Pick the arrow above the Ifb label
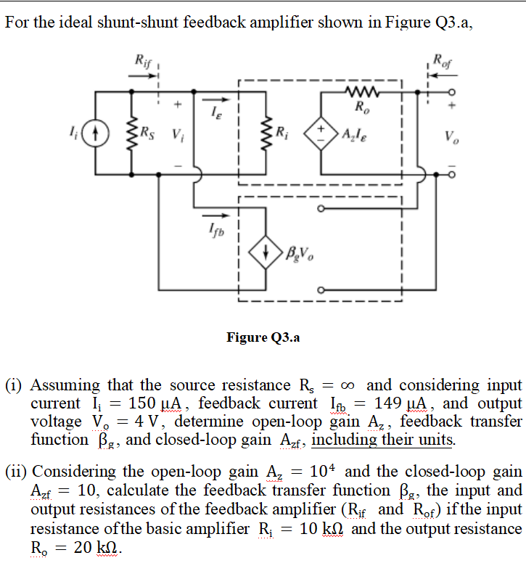click(x=210, y=215)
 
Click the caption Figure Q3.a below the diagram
click(x=263, y=337)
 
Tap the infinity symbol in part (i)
click(x=352, y=385)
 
